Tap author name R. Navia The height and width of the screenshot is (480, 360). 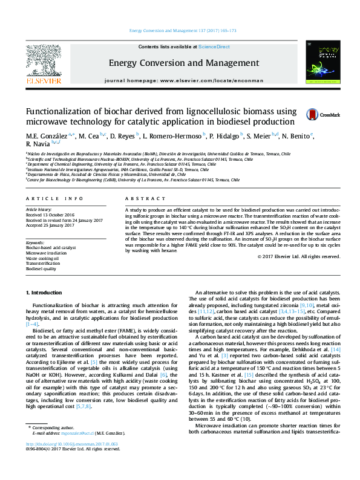(39, 144)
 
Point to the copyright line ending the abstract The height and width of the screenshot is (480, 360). (298, 256)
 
